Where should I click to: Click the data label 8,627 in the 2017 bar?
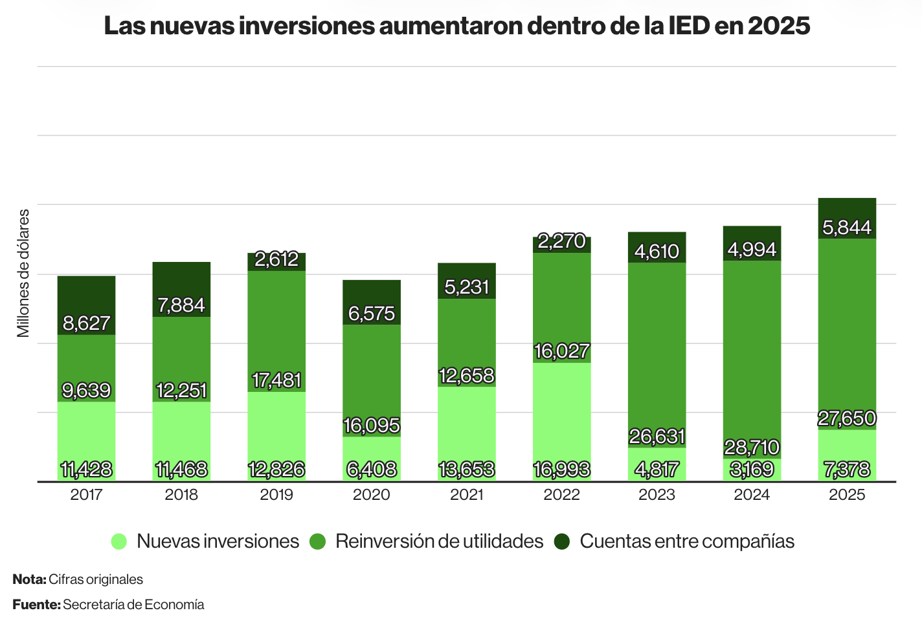pos(86,323)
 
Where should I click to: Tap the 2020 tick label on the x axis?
pos(372,495)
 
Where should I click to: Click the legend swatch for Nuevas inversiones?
pos(119,541)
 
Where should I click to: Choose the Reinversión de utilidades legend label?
pos(439,541)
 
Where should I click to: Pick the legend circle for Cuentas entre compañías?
pos(562,541)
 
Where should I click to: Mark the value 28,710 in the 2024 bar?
pos(752,447)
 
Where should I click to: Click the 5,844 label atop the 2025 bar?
pos(847,228)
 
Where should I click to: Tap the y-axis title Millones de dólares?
pos(23,273)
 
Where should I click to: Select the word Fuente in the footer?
pos(36,605)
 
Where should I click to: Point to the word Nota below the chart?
pos(28,579)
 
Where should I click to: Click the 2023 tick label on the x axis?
pos(657,495)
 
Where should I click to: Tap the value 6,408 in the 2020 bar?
pos(372,469)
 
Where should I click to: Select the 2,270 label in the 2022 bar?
pos(562,241)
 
